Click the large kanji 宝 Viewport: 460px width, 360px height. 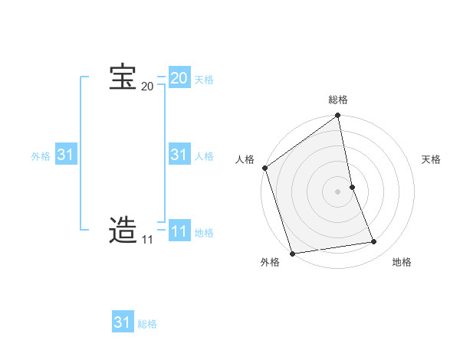(123, 78)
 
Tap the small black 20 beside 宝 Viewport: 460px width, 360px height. (147, 87)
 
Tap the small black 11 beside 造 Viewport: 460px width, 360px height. (147, 240)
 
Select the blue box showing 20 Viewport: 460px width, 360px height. (179, 78)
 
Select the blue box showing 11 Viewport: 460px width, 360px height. (179, 231)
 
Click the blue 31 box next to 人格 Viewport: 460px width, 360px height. (179, 155)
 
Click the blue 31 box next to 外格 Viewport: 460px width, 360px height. (66, 155)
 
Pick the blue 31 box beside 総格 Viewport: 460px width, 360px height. (123, 322)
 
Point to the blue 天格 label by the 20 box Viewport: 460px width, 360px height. (204, 80)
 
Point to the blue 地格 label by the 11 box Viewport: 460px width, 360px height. (204, 233)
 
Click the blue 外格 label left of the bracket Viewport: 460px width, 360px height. (41, 156)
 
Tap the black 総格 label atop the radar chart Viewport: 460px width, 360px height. (338, 100)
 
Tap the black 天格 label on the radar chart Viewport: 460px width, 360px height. (432, 159)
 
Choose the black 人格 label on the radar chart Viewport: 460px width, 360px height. (245, 159)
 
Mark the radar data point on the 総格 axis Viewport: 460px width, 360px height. (338, 116)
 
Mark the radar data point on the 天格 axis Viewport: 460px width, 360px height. (352, 187)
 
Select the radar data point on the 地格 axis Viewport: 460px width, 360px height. (374, 242)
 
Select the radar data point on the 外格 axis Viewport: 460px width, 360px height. (292, 254)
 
